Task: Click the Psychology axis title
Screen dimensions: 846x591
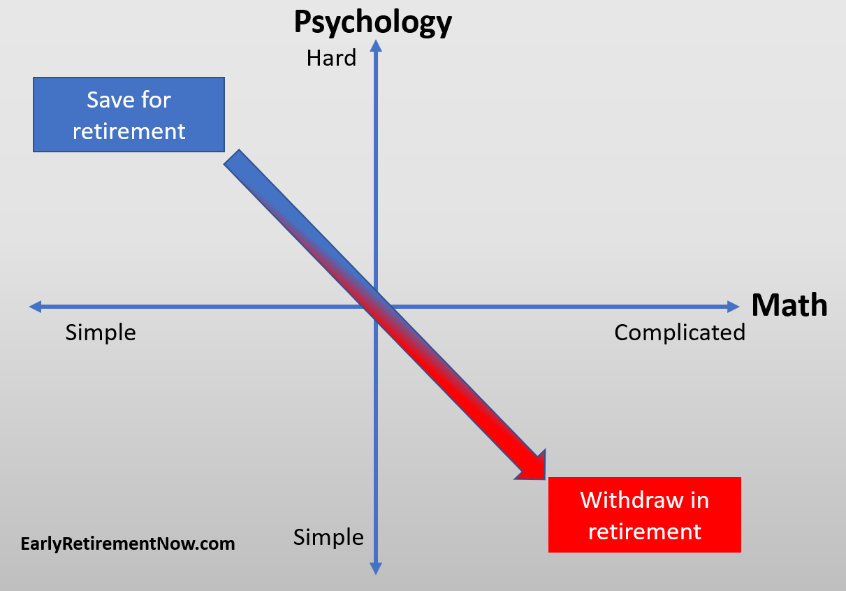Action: pos(373,23)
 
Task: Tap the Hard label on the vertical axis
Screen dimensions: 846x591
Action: pos(331,58)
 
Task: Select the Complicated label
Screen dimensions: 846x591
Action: pos(680,333)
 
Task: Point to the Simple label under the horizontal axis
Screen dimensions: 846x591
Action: pos(101,333)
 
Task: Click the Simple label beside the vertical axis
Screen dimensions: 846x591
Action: pos(328,537)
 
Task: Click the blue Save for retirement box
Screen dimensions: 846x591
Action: pos(129,115)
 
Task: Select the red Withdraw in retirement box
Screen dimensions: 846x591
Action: pos(645,515)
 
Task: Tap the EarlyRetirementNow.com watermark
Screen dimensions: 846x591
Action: pos(128,543)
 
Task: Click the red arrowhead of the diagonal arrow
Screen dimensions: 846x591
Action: pos(533,467)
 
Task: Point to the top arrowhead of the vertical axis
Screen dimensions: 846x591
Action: pos(376,45)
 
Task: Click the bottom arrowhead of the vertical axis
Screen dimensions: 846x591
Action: pos(376,569)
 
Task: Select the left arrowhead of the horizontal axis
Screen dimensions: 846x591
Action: pos(35,307)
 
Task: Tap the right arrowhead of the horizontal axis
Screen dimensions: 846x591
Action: pos(734,307)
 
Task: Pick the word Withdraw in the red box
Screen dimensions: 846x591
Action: pos(632,500)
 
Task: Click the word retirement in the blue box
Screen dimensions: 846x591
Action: pos(129,131)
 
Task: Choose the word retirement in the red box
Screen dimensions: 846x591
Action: pos(645,532)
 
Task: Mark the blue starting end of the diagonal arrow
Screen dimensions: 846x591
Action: pos(231,157)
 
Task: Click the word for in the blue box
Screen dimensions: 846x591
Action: pos(156,100)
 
